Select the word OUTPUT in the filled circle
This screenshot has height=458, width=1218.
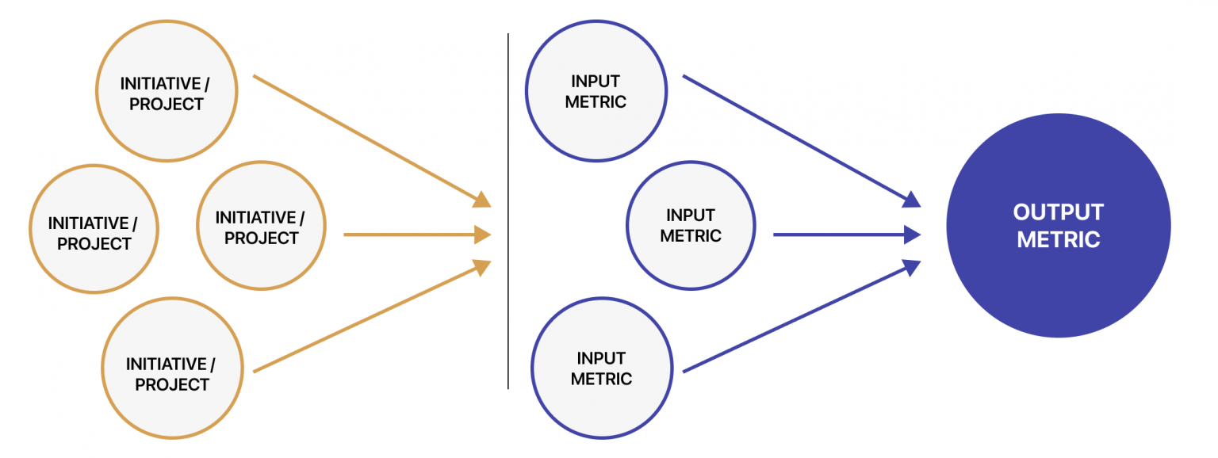(x=1058, y=212)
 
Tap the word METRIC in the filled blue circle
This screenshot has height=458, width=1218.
(x=1058, y=239)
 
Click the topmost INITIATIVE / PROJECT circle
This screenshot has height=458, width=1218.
(x=167, y=92)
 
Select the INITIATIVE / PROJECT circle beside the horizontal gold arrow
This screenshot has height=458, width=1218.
(x=261, y=227)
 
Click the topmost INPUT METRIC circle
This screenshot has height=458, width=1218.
(x=596, y=91)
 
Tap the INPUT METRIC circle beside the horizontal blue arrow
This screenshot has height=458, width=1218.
(x=691, y=225)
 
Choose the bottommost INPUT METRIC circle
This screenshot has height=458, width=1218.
(x=601, y=368)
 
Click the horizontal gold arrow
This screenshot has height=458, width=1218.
(x=412, y=235)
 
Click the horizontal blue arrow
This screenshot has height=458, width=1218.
(x=841, y=235)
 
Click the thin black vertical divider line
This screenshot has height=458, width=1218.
(x=508, y=211)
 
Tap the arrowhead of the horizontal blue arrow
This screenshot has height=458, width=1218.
(x=913, y=235)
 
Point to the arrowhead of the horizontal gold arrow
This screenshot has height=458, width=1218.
(x=483, y=235)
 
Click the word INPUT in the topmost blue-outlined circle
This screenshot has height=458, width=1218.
(x=596, y=81)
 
